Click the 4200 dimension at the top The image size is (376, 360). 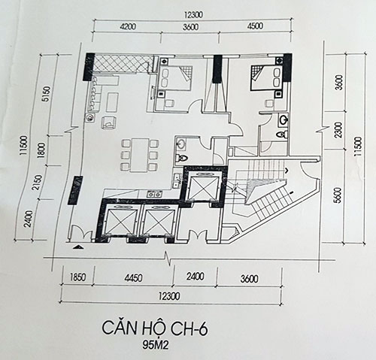pos(128,26)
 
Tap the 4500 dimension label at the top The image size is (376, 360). pos(255,26)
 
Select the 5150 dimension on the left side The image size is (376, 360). pos(46,94)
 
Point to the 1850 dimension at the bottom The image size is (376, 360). pos(77,277)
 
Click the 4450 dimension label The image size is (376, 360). pos(134,278)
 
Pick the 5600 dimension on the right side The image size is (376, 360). pos(338,195)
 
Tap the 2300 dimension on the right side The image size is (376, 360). pos(338,130)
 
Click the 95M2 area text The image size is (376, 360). pos(156,345)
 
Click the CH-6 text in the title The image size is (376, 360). pos(189,328)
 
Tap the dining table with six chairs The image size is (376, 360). pos(140,155)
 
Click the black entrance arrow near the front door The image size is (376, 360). pos(79,247)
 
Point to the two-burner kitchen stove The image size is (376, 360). pos(155,193)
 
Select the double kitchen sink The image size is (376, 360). pos(177,180)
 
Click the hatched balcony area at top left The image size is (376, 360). pos(123,64)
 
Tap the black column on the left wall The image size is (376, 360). pos(75,191)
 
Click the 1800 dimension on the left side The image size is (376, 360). pos(41,150)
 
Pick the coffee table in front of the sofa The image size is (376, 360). pos(113,102)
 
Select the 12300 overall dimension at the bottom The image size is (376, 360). pos(169,296)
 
